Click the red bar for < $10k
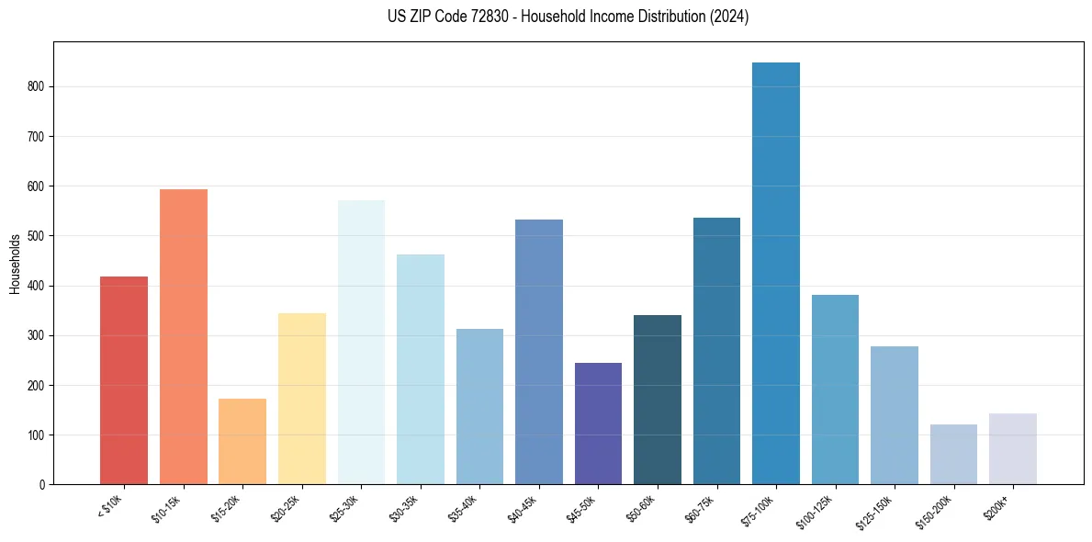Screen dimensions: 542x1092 point(123,380)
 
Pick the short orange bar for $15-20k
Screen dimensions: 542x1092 point(242,442)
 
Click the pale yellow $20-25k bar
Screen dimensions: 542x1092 point(301,400)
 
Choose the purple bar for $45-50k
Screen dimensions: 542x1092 point(598,423)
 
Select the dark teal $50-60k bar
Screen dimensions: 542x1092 point(658,400)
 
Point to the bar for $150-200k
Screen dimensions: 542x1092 point(953,455)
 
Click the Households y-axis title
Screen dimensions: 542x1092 point(16,264)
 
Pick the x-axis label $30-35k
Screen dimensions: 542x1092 point(405,507)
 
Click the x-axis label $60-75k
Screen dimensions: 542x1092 point(703,507)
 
